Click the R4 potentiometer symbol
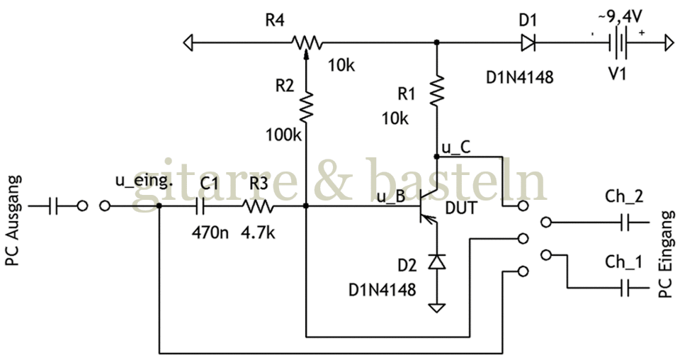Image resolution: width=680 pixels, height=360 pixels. (x=305, y=44)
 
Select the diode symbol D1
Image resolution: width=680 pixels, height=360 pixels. (x=528, y=45)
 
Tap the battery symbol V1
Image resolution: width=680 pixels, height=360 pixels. (x=620, y=45)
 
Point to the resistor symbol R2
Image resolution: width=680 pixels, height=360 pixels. (x=305, y=106)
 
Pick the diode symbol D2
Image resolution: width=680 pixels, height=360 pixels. (x=437, y=262)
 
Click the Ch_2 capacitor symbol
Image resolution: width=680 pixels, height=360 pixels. (x=625, y=222)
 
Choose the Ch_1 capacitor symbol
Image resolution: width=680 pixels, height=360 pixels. (x=625, y=287)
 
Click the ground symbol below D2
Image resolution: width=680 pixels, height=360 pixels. (x=437, y=308)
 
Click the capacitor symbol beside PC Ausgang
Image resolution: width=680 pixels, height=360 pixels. (x=54, y=206)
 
